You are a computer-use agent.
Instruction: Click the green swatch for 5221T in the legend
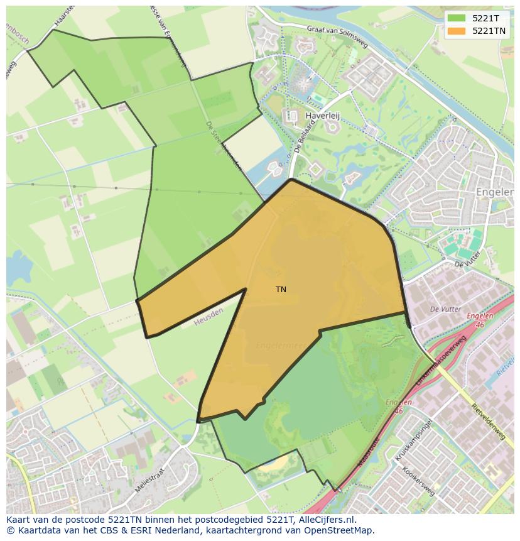[x=457, y=18]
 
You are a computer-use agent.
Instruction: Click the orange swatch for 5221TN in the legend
[x=457, y=30]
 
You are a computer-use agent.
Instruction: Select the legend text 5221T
[x=485, y=18]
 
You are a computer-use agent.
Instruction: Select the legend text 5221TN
[x=489, y=30]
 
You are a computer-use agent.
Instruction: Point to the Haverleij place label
[x=322, y=116]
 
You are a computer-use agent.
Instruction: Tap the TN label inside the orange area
[x=281, y=290]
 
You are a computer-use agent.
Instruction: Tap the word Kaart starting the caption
[x=19, y=520]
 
